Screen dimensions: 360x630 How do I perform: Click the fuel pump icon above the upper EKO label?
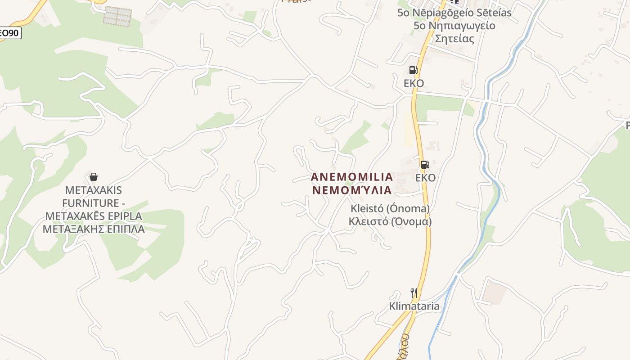point(413,70)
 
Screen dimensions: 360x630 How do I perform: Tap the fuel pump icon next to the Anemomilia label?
point(425,165)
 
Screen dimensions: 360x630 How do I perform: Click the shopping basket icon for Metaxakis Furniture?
point(94,177)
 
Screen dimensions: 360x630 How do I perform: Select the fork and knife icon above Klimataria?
point(414,293)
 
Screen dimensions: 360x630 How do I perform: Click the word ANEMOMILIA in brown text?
point(352,177)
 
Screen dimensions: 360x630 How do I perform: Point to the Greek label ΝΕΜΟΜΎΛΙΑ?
point(352,190)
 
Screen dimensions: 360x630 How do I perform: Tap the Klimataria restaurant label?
point(414,306)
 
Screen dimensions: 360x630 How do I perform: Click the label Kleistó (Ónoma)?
point(390,209)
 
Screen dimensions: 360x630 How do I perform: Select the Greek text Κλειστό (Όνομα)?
point(390,222)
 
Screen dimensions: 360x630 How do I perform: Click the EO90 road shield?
point(9,33)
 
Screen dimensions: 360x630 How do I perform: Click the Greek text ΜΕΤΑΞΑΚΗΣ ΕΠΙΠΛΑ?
point(94,229)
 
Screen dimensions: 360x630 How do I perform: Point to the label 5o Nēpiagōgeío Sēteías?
point(454,13)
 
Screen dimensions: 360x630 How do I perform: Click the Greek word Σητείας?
point(454,39)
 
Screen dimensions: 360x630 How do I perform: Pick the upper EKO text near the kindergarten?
point(414,84)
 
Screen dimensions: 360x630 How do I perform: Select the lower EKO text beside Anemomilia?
point(425,178)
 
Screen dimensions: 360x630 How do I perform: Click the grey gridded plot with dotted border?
point(118,16)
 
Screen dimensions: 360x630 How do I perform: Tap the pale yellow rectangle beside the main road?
point(408,130)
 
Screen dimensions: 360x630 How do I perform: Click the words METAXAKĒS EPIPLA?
point(94,216)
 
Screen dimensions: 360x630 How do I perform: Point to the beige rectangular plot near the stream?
point(493,291)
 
